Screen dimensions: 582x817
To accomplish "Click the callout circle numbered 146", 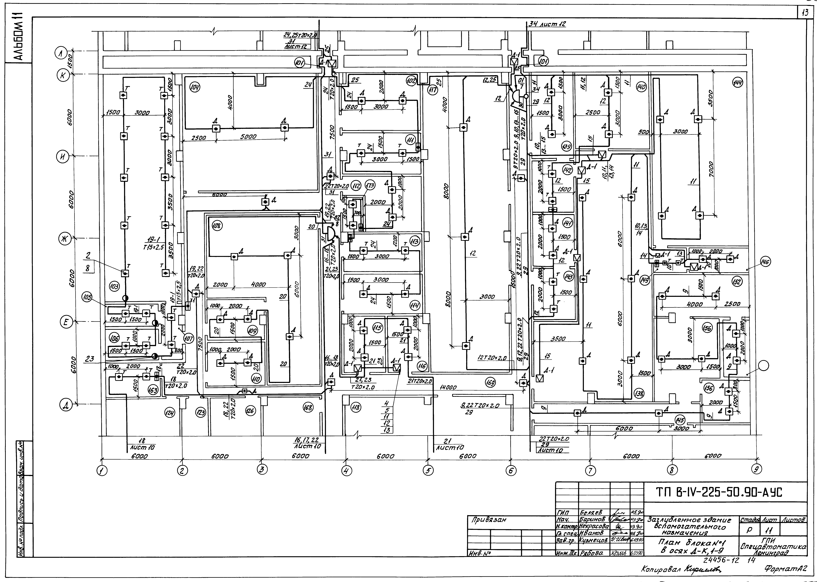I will click(x=766, y=262).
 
